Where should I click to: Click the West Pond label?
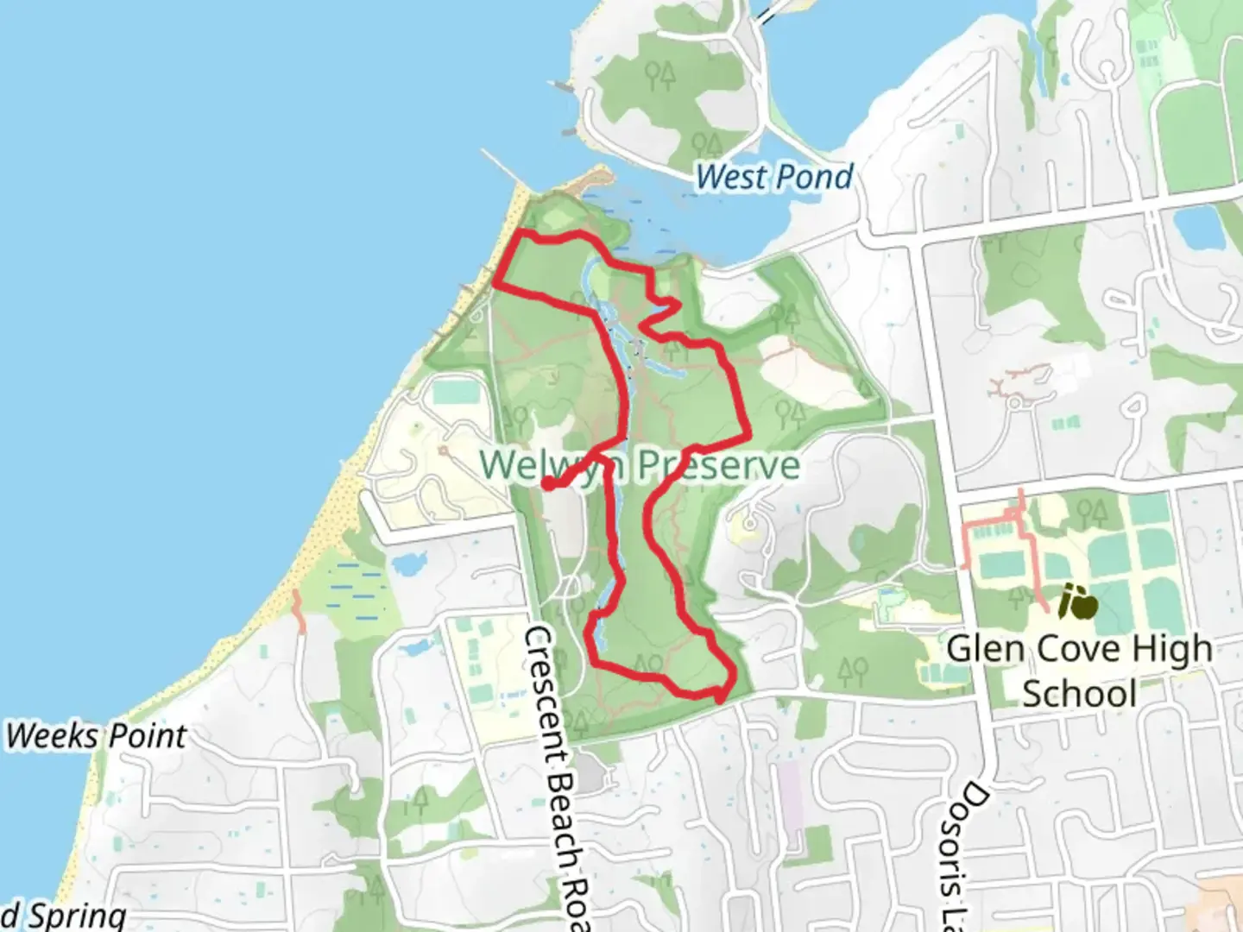coord(774,177)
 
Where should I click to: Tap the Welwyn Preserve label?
coord(640,465)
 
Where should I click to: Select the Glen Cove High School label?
coord(1079,671)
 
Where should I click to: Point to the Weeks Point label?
coord(96,736)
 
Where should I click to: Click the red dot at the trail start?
coord(548,484)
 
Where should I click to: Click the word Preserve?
coord(719,466)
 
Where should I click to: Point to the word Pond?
coord(813,177)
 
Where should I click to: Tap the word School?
coord(1079,694)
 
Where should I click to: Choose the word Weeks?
coord(50,736)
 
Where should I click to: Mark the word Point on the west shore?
coord(144,736)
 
